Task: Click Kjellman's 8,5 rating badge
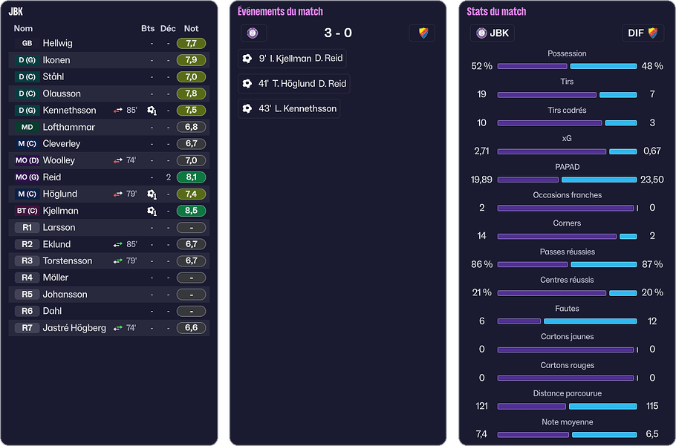coord(191,211)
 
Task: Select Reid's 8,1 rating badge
coord(191,177)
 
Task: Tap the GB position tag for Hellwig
coord(27,43)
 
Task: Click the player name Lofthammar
coord(68,127)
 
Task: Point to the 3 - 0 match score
coord(338,33)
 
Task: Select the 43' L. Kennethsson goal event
coord(289,108)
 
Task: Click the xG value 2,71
coord(482,151)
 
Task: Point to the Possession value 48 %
coord(651,66)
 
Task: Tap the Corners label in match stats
coord(567,223)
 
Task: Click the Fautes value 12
coord(651,321)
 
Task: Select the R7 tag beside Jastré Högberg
coord(27,328)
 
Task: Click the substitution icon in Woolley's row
coord(117,160)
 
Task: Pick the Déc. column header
coord(168,28)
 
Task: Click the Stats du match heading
coord(496,11)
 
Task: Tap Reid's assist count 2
coord(169,177)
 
